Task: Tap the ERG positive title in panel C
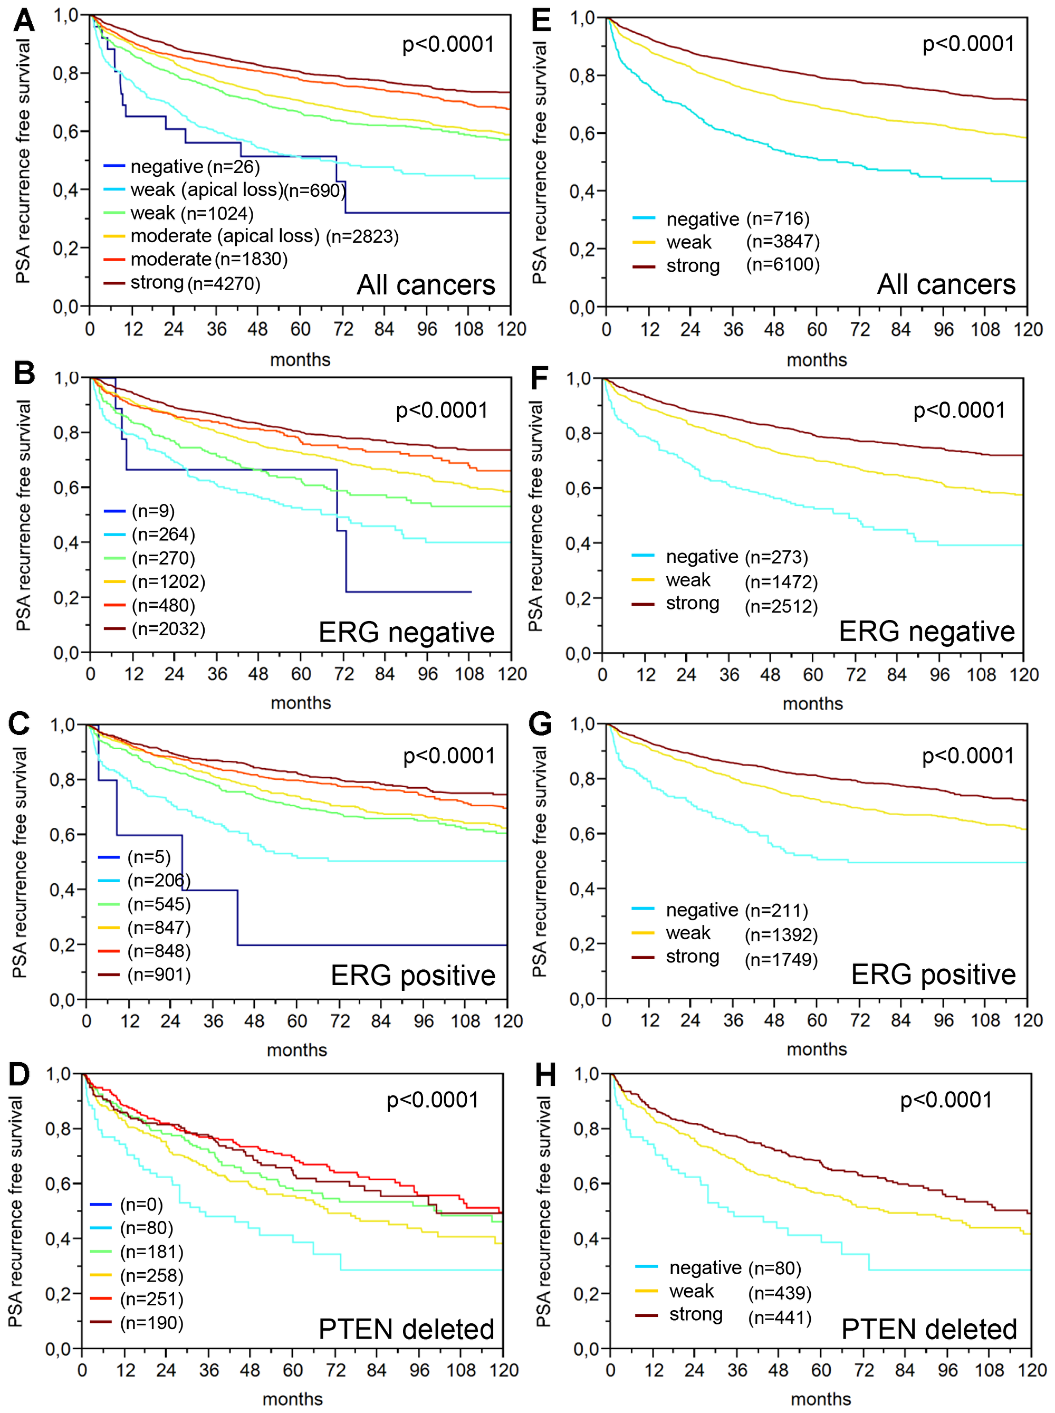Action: click(413, 976)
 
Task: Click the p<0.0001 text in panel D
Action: click(433, 1100)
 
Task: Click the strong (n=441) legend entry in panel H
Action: click(740, 1315)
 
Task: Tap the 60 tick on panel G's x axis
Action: click(817, 1020)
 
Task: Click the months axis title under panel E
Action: click(816, 360)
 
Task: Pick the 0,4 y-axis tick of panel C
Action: click(63, 889)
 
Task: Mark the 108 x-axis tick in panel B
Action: click(469, 674)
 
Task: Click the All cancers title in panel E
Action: click(946, 284)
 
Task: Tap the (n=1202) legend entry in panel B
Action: click(168, 581)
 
